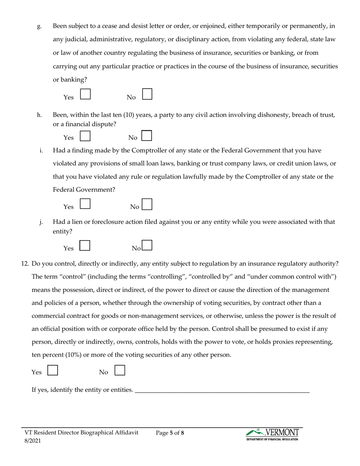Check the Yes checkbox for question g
coord(86,94)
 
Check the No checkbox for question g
coord(147,94)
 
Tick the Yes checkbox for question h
coord(86,136)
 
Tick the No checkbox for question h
coord(147,136)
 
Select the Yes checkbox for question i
coord(86,204)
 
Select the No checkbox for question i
coord(147,204)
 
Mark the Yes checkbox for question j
coord(85,246)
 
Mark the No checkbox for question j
coord(147,246)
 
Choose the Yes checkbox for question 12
coord(53,370)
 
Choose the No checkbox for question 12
coord(120,370)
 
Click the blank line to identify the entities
coord(222,390)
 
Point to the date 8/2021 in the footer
coord(33,441)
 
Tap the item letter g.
coord(39,27)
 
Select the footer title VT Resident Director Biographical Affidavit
coord(81,433)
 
